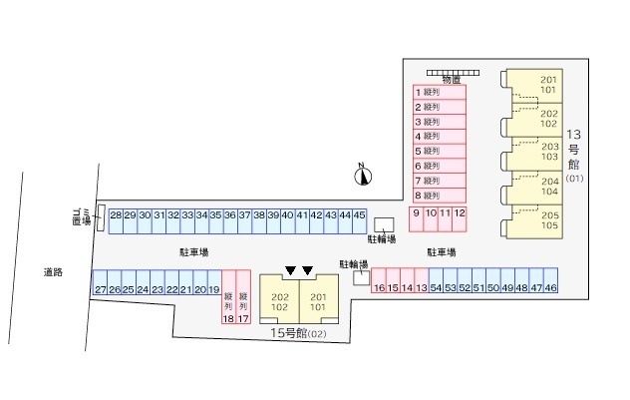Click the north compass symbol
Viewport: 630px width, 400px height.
[x=363, y=176]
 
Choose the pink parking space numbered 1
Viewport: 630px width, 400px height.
[x=439, y=91]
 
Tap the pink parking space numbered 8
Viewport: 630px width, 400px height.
[x=439, y=196]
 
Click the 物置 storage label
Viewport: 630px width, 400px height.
[x=452, y=79]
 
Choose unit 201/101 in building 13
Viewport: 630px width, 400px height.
[x=549, y=85]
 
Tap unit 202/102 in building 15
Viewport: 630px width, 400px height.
[x=280, y=302]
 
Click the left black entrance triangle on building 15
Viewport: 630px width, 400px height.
[x=290, y=270]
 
